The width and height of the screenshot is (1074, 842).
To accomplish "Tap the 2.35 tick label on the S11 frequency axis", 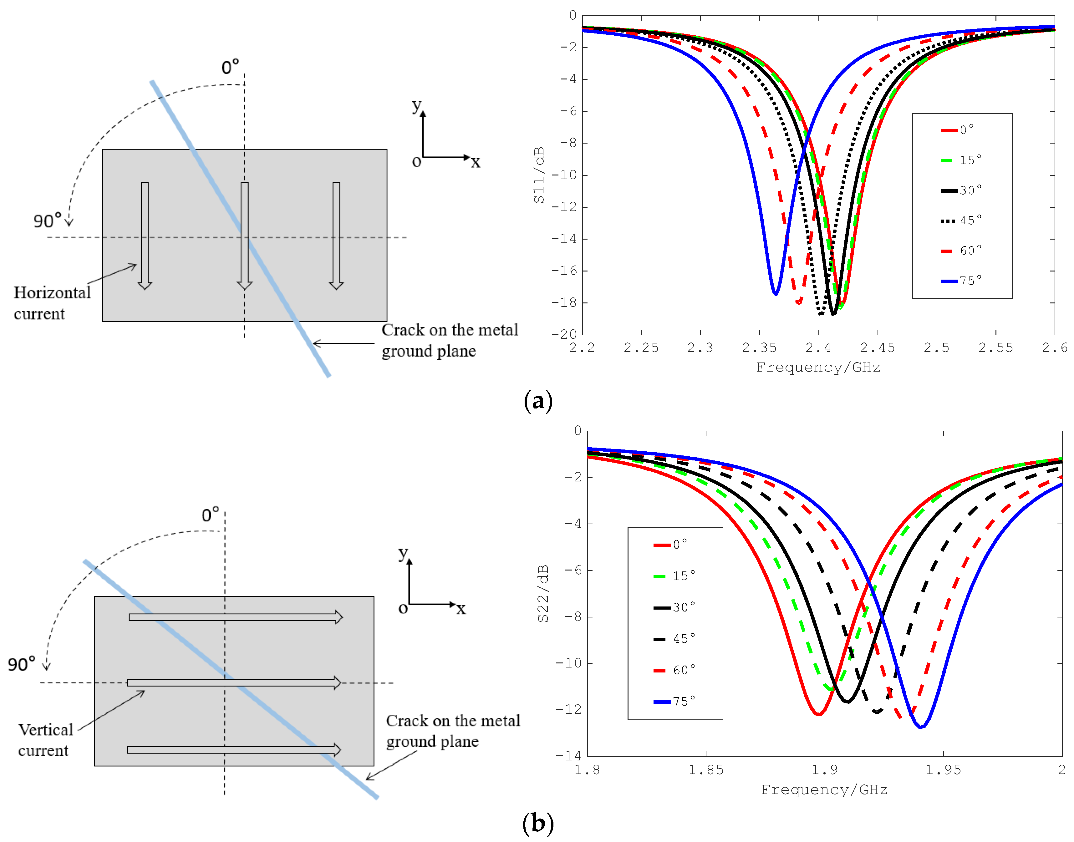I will tap(759, 348).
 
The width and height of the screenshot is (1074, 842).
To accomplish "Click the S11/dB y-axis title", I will tap(539, 175).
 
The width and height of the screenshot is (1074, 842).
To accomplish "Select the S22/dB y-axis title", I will tap(542, 594).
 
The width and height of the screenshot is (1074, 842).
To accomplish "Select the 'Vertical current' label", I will tap(45, 739).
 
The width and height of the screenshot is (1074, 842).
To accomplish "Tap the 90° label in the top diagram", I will tap(47, 221).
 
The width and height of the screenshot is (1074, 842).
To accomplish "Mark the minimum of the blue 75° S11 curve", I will tap(776, 294).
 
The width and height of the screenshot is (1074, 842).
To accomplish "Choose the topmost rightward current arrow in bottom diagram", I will tap(235, 617).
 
